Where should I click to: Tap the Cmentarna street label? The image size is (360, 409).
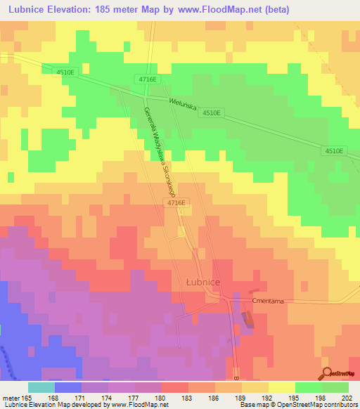tap(267, 300)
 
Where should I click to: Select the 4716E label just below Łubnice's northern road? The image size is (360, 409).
tap(176, 202)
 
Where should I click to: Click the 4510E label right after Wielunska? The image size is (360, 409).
tap(211, 113)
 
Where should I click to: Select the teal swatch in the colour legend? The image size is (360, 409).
tap(41, 387)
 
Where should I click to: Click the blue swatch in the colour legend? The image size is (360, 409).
tap(67, 387)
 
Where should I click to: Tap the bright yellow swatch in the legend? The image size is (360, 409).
tap(281, 387)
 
